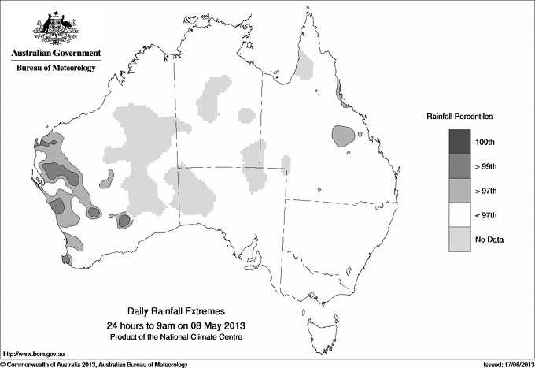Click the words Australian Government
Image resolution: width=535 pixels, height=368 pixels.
point(56,54)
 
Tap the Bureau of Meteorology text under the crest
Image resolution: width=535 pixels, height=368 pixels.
point(56,69)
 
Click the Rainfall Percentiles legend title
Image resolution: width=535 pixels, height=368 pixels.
point(459,116)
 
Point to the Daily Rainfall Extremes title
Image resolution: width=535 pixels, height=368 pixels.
point(182,312)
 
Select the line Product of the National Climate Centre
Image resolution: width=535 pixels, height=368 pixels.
point(182,337)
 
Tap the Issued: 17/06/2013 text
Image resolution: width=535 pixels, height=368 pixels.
point(503,364)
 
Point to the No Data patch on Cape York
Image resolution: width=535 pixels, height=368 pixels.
point(303,66)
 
